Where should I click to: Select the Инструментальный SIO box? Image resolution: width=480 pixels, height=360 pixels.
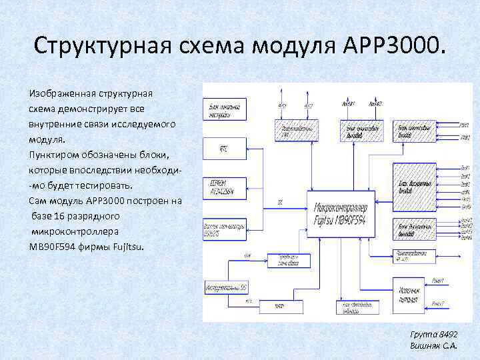pyautogui.click(x=225, y=287)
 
